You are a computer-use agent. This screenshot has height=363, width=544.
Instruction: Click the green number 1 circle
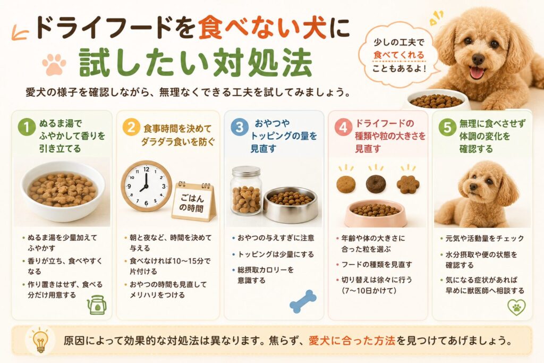[x=27, y=127]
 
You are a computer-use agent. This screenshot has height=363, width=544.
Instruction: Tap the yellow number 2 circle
[x=131, y=128]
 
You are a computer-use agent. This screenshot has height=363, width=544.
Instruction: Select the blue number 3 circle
[x=240, y=127]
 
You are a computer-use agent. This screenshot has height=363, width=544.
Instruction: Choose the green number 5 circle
[x=447, y=128]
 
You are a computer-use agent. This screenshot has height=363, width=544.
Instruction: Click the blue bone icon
[x=303, y=301]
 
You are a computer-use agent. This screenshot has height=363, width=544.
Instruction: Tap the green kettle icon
[x=97, y=305]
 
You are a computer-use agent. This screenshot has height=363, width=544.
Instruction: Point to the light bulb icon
[x=40, y=340]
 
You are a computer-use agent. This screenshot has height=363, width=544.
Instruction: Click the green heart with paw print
[x=516, y=307]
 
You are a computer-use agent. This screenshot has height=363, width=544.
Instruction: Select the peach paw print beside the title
[x=54, y=64]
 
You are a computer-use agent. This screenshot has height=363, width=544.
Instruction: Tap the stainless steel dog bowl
[x=291, y=205]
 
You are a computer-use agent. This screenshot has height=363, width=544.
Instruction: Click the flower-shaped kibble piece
[x=408, y=184]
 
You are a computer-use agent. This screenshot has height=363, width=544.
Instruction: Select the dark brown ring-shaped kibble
[x=376, y=184]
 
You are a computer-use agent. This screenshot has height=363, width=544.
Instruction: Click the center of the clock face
[x=146, y=186]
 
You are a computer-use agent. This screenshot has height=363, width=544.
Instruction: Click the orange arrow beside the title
[x=20, y=33]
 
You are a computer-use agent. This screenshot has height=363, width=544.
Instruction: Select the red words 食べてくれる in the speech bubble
[x=399, y=55]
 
